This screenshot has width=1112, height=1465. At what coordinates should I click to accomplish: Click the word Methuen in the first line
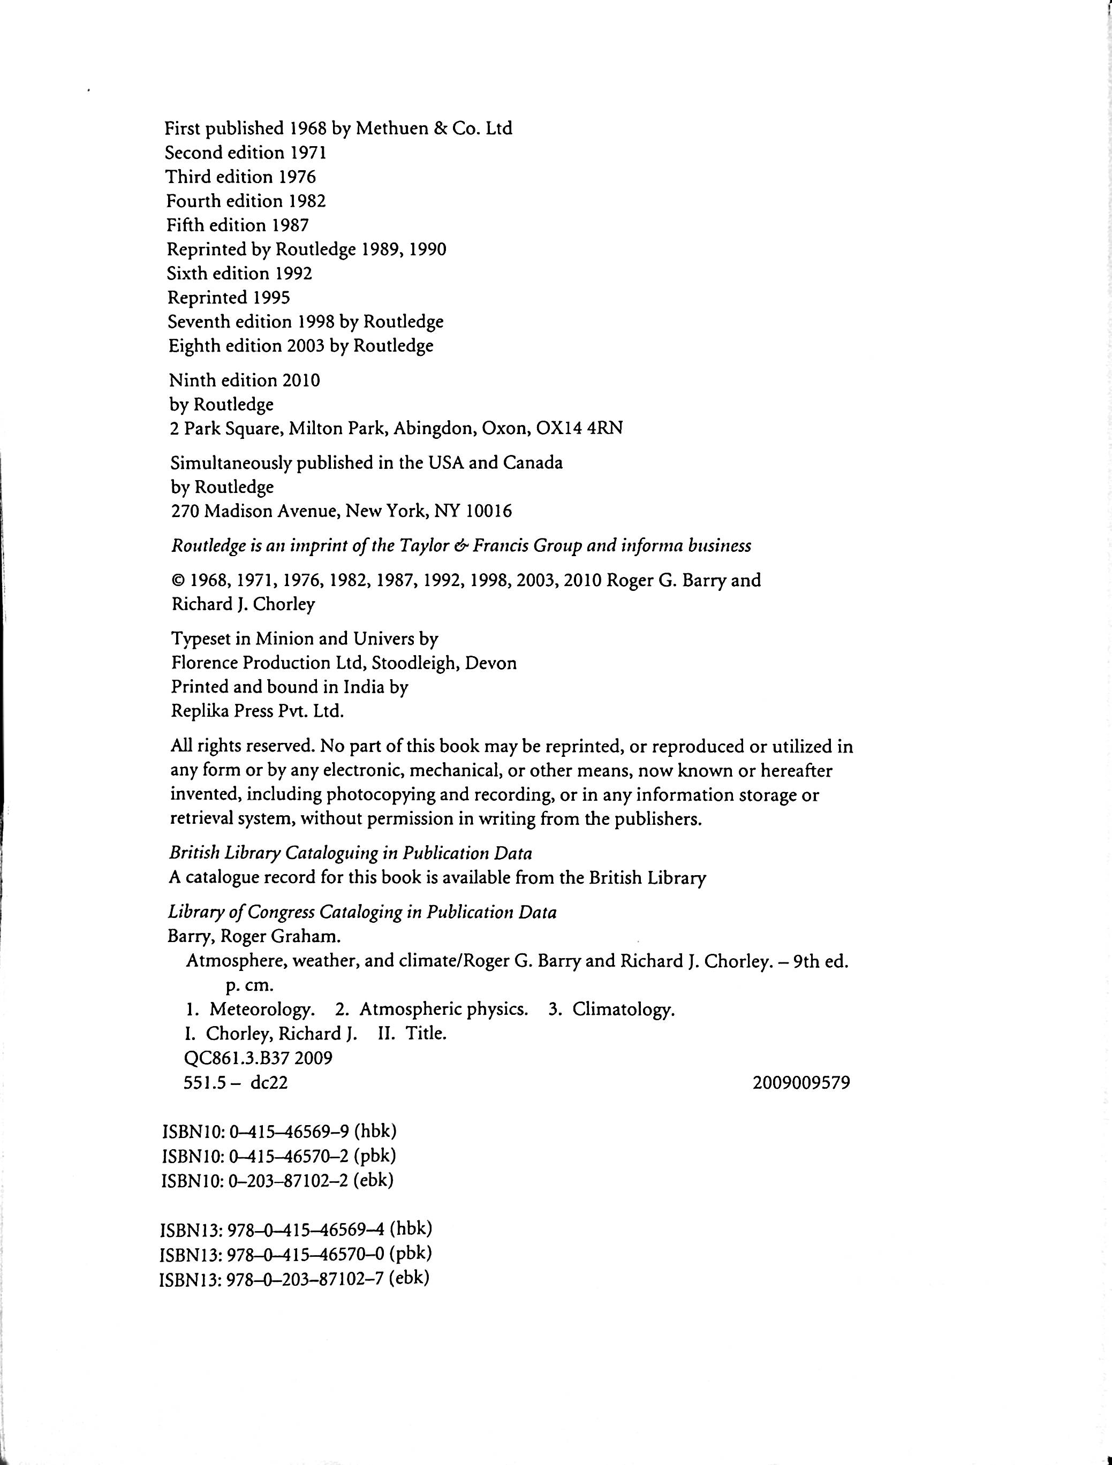[x=391, y=128]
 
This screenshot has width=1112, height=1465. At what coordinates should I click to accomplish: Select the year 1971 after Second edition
[x=308, y=153]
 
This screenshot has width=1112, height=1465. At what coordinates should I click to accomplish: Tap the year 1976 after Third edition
[x=297, y=177]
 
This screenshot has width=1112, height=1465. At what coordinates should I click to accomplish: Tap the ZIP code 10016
[x=489, y=511]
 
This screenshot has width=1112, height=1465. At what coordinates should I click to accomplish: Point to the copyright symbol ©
[x=178, y=581]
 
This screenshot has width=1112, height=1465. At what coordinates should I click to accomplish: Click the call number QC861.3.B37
[x=236, y=1058]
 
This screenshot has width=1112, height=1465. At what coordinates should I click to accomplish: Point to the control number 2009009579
[x=801, y=1083]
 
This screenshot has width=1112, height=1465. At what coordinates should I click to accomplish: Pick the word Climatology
[x=623, y=1010]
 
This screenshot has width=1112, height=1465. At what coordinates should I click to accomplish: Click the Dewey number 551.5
[x=203, y=1083]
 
